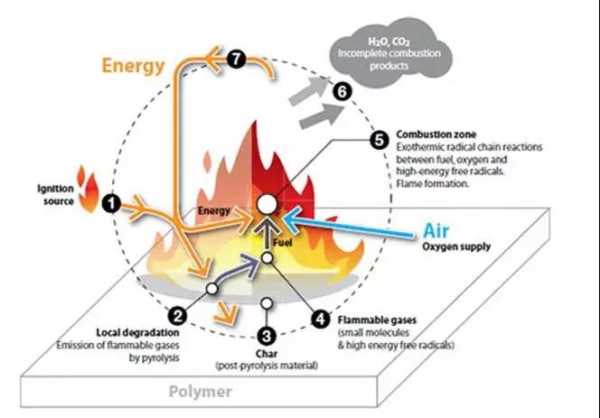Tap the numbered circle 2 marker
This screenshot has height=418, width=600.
point(179,315)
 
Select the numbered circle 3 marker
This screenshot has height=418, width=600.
point(266,334)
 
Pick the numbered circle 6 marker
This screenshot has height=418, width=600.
point(341,91)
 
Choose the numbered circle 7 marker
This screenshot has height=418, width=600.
point(238,60)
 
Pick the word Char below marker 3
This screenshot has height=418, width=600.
point(267,353)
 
